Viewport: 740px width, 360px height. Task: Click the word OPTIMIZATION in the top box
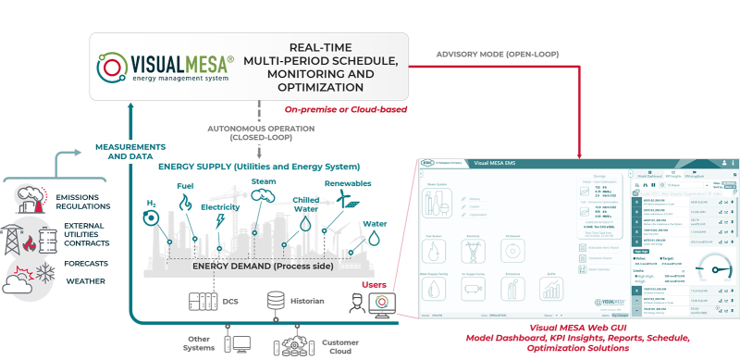pyautogui.click(x=321, y=87)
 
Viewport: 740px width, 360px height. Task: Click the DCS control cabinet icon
pyautogui.click(x=201, y=302)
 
